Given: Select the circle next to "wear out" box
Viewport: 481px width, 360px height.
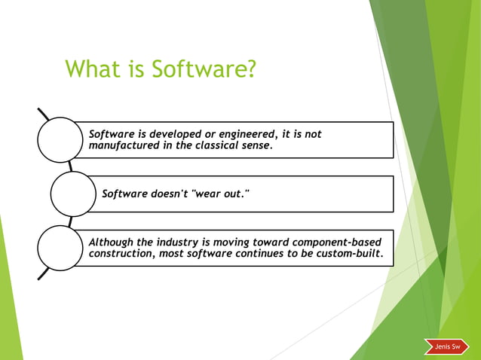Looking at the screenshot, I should click(x=73, y=194).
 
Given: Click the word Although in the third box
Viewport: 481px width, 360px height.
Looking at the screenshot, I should click(x=111, y=242).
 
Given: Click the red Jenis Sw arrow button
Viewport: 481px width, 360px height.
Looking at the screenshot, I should click(x=446, y=346).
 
